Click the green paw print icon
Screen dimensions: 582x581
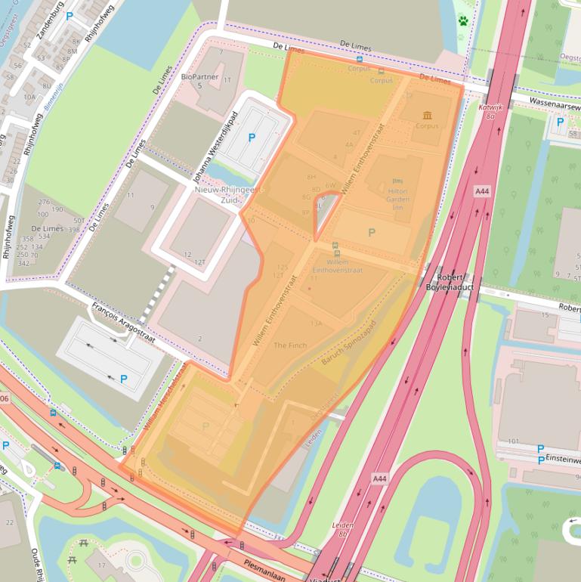pyautogui.click(x=463, y=20)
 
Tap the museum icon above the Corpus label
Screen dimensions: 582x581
pyautogui.click(x=428, y=116)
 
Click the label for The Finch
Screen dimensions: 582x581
pyautogui.click(x=290, y=345)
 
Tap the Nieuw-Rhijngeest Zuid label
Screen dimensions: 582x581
pyautogui.click(x=225, y=195)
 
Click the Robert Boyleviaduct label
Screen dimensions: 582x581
pyautogui.click(x=450, y=282)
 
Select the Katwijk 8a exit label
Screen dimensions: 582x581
pyautogui.click(x=490, y=111)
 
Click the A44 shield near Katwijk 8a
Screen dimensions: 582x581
pyautogui.click(x=482, y=192)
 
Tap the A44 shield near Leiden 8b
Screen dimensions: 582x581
pyautogui.click(x=379, y=479)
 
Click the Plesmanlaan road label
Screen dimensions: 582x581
pyautogui.click(x=265, y=565)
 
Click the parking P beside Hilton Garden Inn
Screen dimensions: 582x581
pyautogui.click(x=371, y=233)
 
